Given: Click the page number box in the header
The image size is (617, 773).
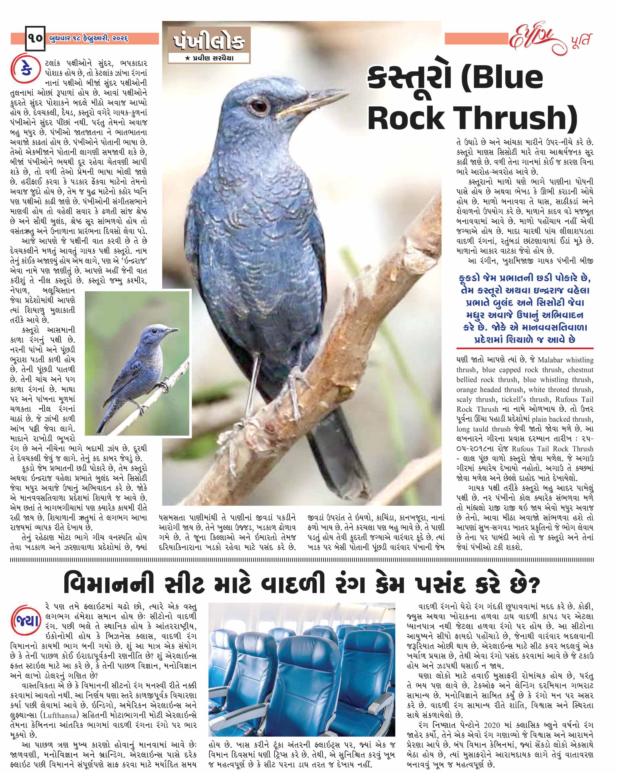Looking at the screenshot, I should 35,38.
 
